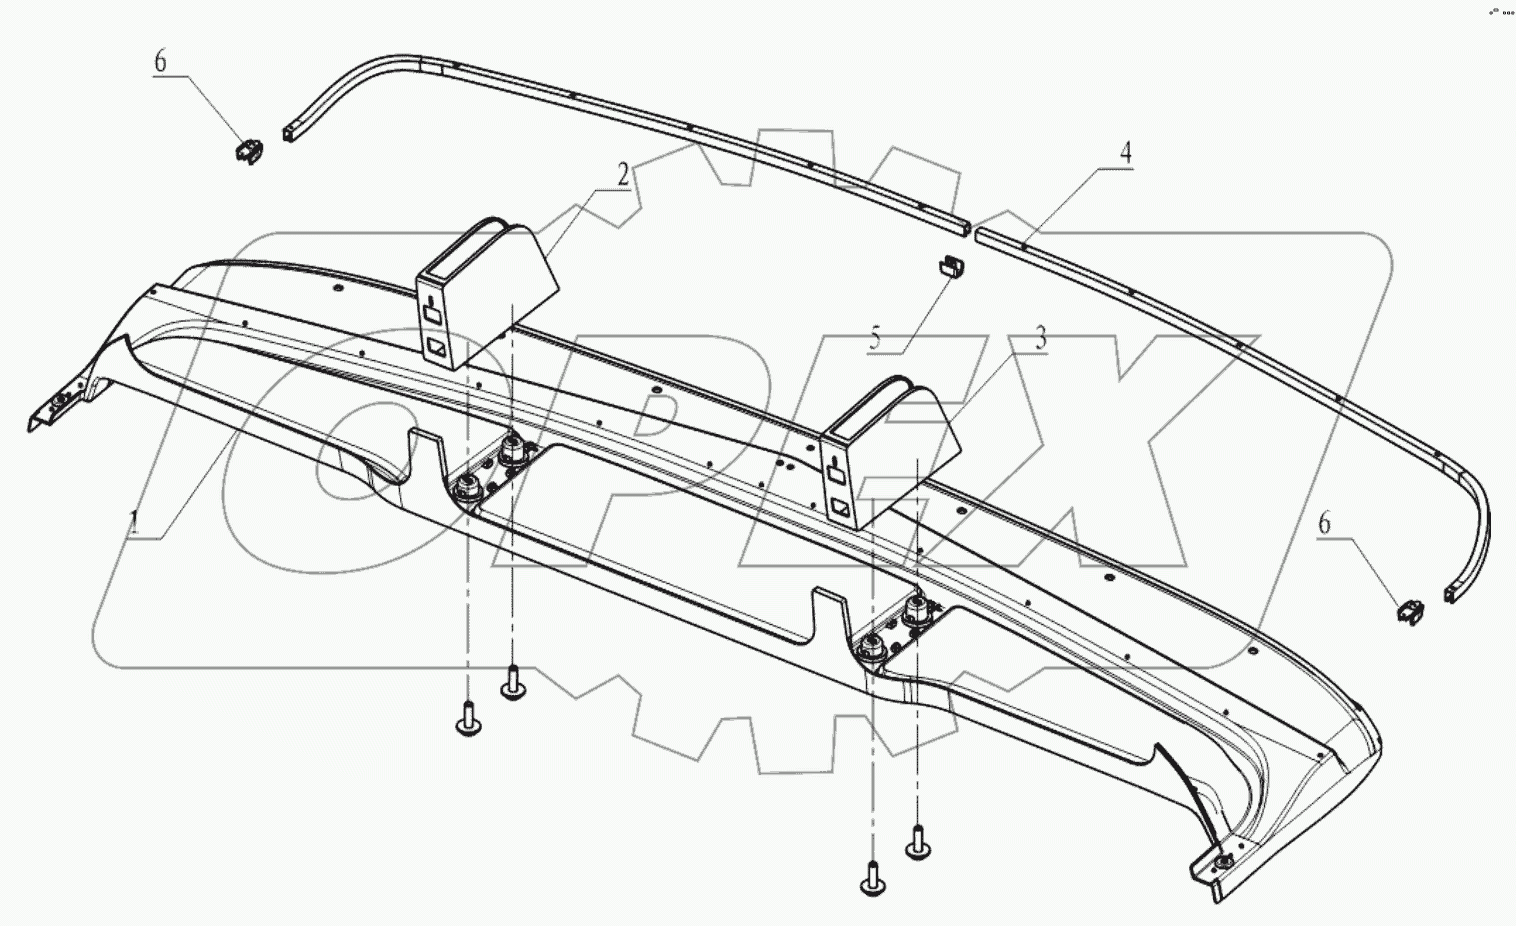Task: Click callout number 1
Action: point(132,521)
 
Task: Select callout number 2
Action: point(623,175)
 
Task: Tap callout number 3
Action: point(1040,338)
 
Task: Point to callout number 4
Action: point(1125,153)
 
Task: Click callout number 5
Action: point(875,337)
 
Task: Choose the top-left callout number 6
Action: point(160,62)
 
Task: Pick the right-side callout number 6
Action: point(1325,522)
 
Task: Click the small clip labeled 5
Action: point(949,267)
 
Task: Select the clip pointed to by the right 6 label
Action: point(1410,610)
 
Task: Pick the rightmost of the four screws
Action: point(917,846)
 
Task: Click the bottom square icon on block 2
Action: point(437,348)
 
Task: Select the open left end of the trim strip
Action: point(290,133)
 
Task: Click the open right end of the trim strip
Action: point(1451,595)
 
